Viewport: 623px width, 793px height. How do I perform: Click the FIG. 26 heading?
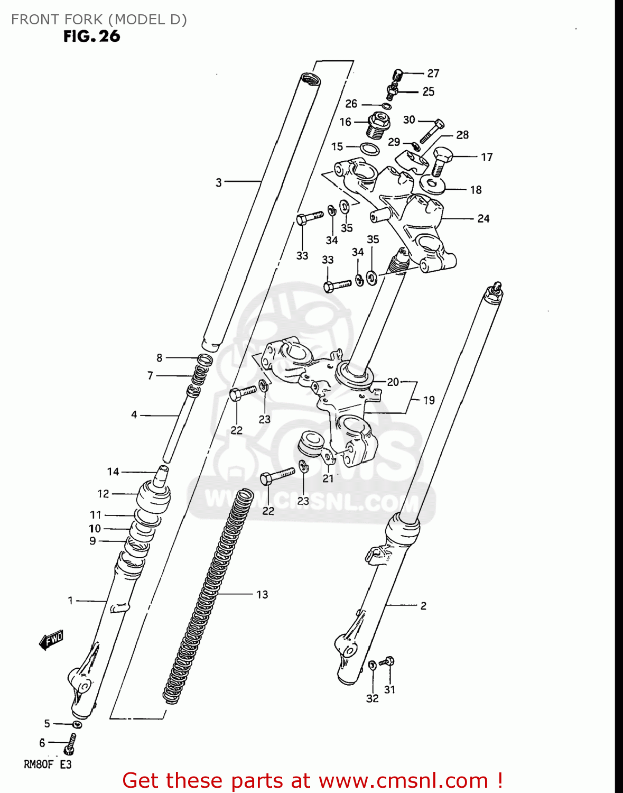coord(91,36)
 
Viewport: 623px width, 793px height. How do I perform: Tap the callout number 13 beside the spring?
coord(262,595)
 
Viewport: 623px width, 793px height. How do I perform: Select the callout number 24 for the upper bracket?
coord(483,218)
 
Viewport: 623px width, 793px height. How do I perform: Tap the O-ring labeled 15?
coord(370,149)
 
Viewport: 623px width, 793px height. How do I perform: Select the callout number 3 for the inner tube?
coord(219,182)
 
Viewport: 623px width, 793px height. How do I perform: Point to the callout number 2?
coord(423,606)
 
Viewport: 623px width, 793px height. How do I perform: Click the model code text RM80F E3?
coord(48,764)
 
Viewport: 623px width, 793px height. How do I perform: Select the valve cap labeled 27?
coord(398,75)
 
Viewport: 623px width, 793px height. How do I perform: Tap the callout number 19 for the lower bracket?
coord(429,400)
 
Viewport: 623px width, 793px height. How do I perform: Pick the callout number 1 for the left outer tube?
coord(70,601)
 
